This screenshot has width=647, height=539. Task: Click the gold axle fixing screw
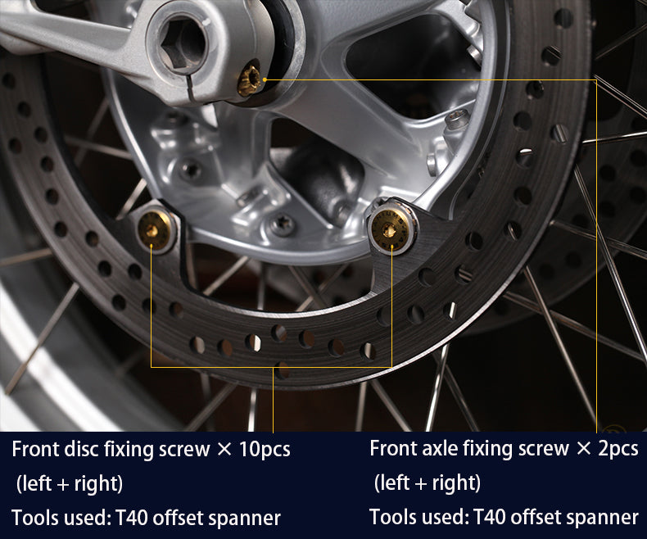click(249, 80)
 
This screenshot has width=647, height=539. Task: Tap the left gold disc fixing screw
click(154, 230)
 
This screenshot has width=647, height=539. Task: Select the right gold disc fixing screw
click(390, 229)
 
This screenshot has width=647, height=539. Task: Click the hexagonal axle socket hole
click(182, 43)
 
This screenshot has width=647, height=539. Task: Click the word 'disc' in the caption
click(81, 449)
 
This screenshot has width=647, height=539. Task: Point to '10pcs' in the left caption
click(265, 450)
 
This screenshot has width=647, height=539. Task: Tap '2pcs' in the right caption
click(618, 449)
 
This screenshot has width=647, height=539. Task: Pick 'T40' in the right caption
click(489, 516)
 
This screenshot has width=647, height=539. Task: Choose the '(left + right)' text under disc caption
click(70, 483)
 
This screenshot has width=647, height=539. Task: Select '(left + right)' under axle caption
click(427, 482)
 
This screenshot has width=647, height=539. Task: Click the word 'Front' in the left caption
click(35, 449)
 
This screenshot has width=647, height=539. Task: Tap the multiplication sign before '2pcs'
click(583, 449)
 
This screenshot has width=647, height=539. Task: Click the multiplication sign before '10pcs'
click(224, 450)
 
